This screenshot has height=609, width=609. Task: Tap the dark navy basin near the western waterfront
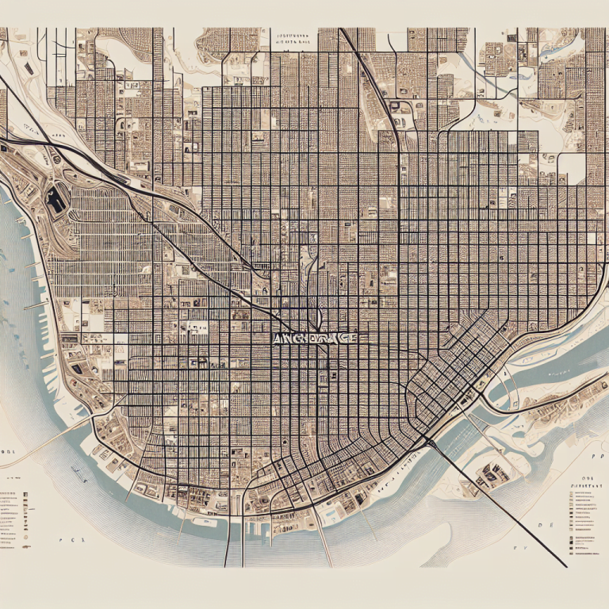pyautogui.click(x=56, y=198)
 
